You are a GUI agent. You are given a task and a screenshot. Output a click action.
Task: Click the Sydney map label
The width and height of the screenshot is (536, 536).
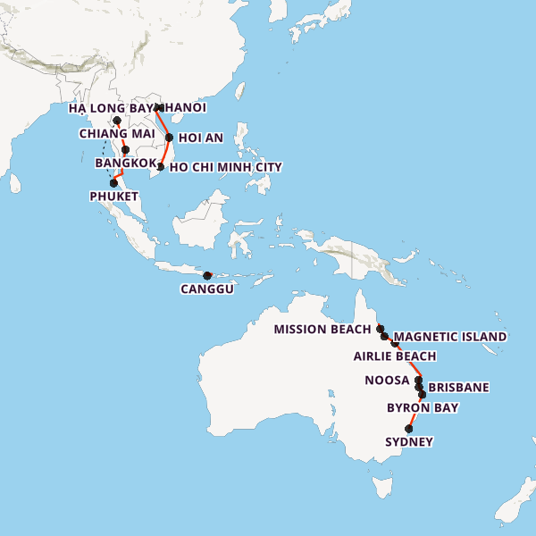(x=409, y=441)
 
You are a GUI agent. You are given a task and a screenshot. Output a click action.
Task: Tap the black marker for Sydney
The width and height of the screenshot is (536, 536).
(x=410, y=429)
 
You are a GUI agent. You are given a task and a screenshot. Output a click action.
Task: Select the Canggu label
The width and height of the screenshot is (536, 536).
(x=206, y=289)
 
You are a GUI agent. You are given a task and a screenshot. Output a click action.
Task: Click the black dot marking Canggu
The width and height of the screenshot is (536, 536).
(x=207, y=275)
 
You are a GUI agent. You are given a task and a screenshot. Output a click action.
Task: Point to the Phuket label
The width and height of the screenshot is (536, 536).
(x=113, y=196)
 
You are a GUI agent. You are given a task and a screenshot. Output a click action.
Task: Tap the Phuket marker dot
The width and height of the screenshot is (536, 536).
(x=113, y=182)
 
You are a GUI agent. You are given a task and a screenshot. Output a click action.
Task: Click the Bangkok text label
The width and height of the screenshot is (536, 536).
(x=126, y=163)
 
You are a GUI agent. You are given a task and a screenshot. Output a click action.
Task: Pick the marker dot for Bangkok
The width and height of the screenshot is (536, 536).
(x=126, y=150)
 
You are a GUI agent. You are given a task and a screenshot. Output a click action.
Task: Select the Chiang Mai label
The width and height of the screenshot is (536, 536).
(x=117, y=134)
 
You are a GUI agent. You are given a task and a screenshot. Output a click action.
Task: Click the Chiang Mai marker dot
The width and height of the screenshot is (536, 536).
(x=117, y=121)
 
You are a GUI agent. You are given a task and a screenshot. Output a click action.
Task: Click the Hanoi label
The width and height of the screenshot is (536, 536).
(x=185, y=107)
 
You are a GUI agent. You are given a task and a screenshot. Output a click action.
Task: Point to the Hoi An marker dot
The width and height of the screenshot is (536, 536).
(x=169, y=138)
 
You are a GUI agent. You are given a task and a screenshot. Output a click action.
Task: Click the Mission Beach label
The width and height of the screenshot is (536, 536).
(x=322, y=329)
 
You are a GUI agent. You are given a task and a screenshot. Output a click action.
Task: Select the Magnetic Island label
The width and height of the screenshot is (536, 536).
(x=450, y=337)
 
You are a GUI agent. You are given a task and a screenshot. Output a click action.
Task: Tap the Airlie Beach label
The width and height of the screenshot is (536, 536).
(x=395, y=356)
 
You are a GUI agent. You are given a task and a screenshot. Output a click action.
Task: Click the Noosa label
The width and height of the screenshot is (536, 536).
(x=388, y=380)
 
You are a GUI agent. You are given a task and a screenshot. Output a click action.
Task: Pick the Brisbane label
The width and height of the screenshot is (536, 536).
(x=459, y=388)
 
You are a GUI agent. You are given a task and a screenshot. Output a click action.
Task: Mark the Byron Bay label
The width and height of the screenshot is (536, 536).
(x=423, y=407)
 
